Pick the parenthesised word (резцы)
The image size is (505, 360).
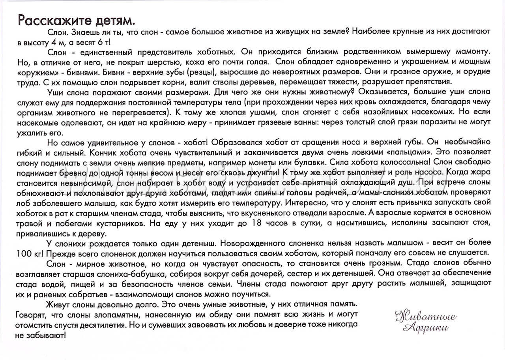pos(201,73)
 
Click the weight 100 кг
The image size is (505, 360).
pos(30,253)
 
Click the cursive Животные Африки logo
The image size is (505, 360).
pos(425,321)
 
